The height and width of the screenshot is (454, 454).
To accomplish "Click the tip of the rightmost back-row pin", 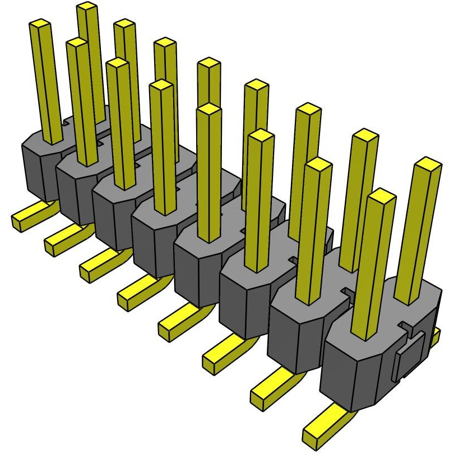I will [x=429, y=164].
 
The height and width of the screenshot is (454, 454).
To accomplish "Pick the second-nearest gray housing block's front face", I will [x=297, y=342].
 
